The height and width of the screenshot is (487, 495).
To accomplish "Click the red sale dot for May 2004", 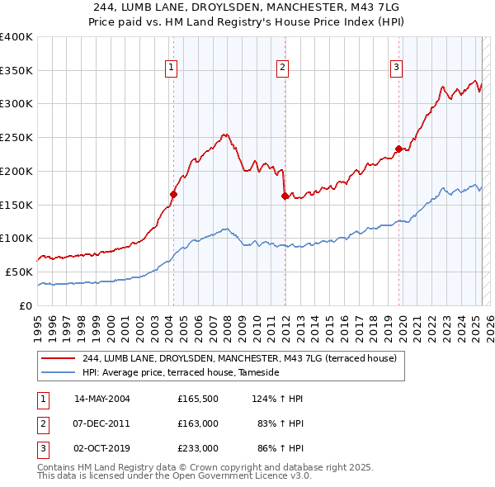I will coord(174,194).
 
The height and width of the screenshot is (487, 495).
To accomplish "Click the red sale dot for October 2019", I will coord(398,149).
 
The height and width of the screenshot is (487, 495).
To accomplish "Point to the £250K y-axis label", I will coord(16,138).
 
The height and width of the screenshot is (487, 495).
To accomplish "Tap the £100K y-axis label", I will coord(16,239).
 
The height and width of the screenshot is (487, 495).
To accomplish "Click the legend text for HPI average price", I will coord(181,373).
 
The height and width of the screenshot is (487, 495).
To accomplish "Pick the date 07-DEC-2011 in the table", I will coord(102,424).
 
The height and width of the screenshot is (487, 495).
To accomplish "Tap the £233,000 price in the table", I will coord(197,449).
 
